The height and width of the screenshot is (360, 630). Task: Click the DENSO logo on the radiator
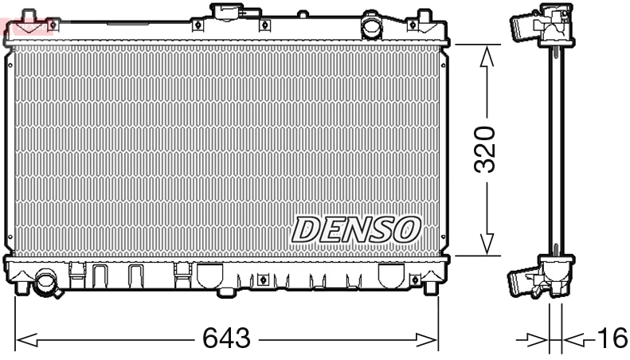pos(355,229)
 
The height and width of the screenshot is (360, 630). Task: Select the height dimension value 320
pos(486,149)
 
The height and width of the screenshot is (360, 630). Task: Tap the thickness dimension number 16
pos(611,339)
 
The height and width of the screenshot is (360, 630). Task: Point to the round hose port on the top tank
pos(372,26)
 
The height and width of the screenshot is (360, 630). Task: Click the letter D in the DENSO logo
pos(304,229)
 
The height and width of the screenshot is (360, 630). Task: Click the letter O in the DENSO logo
pos(405,229)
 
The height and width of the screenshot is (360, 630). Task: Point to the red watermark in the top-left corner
pos(27,27)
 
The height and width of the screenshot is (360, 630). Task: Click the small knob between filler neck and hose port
pos(303,14)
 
